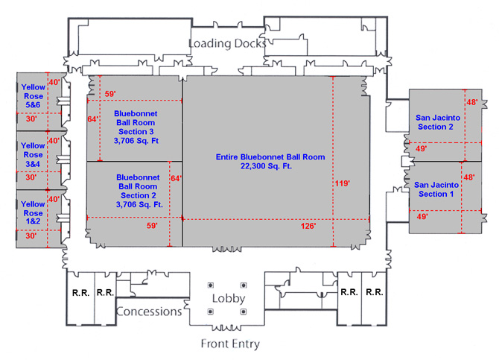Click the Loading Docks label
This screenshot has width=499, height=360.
tap(226, 43)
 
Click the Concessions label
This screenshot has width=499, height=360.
tap(149, 312)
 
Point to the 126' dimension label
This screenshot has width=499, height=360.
tap(309, 225)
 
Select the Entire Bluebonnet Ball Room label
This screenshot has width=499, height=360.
tap(270, 157)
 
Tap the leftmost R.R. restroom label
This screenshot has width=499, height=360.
tap(80, 293)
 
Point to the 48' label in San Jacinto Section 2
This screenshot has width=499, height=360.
tap(471, 102)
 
